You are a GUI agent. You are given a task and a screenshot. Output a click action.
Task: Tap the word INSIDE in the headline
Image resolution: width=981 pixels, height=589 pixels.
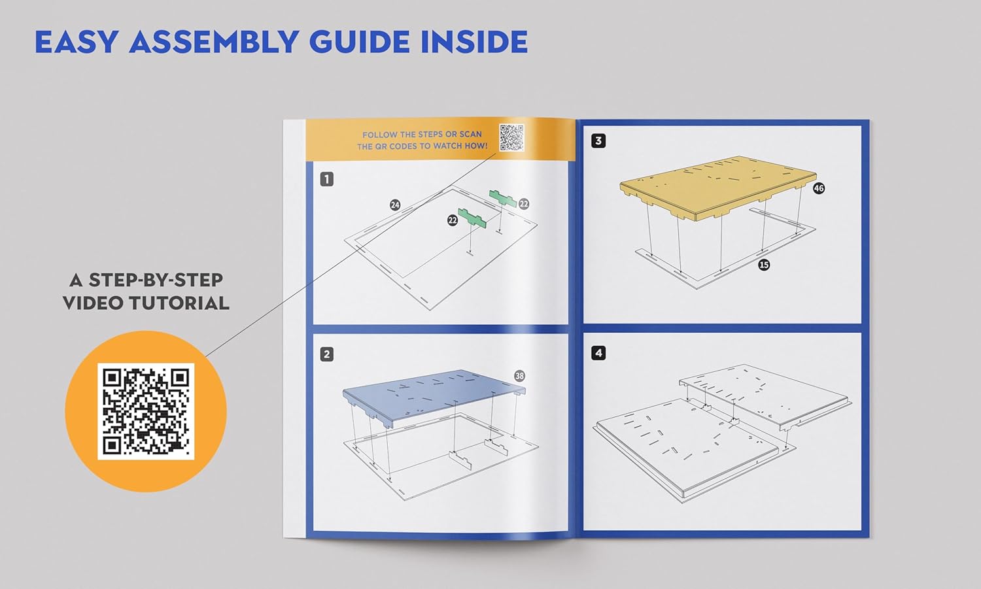coord(474,42)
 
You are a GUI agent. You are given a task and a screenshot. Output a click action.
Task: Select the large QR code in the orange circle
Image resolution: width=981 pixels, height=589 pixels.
coord(146,411)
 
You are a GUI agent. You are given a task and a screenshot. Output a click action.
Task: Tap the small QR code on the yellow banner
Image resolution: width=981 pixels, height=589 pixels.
coord(511,137)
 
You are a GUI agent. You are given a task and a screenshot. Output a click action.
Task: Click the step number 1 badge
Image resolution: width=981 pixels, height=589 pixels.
coord(327,179)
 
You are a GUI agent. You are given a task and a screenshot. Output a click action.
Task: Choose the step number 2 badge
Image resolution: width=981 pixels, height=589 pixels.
coord(327,354)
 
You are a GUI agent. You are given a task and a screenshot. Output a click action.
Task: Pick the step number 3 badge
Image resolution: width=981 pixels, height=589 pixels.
coord(598,141)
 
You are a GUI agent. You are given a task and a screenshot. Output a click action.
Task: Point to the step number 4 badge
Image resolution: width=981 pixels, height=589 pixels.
coord(598,353)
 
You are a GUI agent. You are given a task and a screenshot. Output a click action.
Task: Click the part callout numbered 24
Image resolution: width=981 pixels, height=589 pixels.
coord(395,205)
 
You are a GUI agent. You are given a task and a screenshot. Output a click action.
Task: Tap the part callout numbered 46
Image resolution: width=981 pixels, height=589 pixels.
coord(819,188)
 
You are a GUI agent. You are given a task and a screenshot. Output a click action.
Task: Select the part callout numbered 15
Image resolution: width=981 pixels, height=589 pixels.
coord(765,265)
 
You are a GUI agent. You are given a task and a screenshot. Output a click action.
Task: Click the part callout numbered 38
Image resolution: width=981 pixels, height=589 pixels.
coord(519,376)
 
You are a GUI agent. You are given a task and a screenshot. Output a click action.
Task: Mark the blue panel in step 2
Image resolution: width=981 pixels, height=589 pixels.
coord(434,396)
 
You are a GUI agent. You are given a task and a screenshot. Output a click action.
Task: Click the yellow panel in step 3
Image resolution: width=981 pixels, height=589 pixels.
coord(718,186)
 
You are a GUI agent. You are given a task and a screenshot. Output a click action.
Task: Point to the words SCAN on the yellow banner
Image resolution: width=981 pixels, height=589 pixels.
coord(470,134)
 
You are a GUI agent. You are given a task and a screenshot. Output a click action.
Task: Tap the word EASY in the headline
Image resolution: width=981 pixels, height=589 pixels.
coord(77,42)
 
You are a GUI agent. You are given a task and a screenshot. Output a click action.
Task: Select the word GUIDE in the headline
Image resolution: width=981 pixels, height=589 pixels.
coord(360,42)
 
